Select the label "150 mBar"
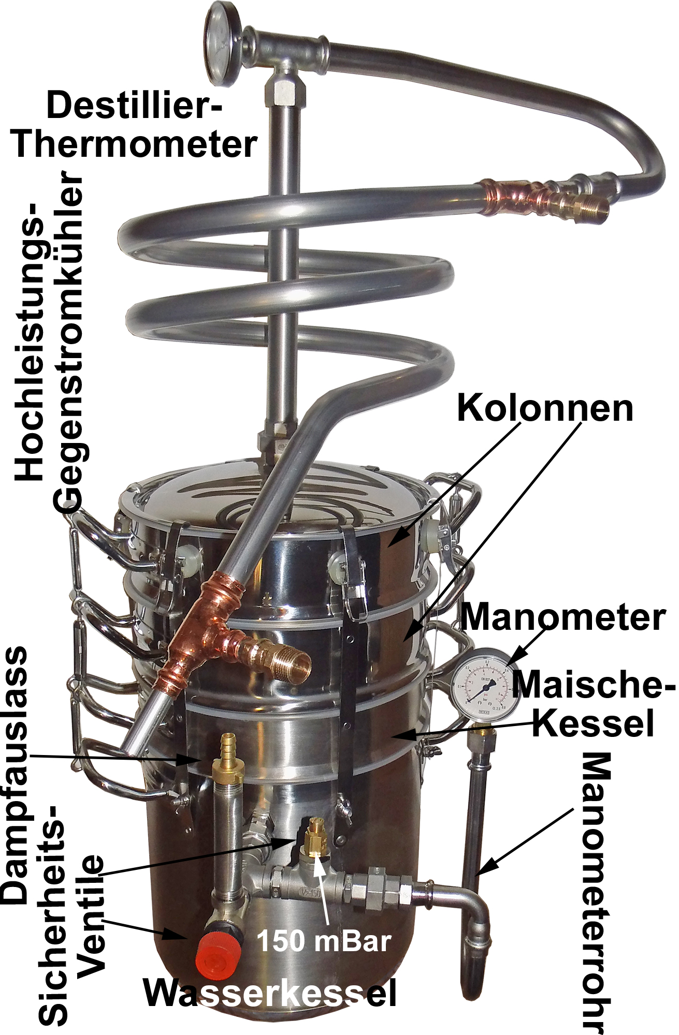point(324,940)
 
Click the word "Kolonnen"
point(545,408)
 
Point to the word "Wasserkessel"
point(270,993)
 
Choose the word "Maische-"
point(594,684)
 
